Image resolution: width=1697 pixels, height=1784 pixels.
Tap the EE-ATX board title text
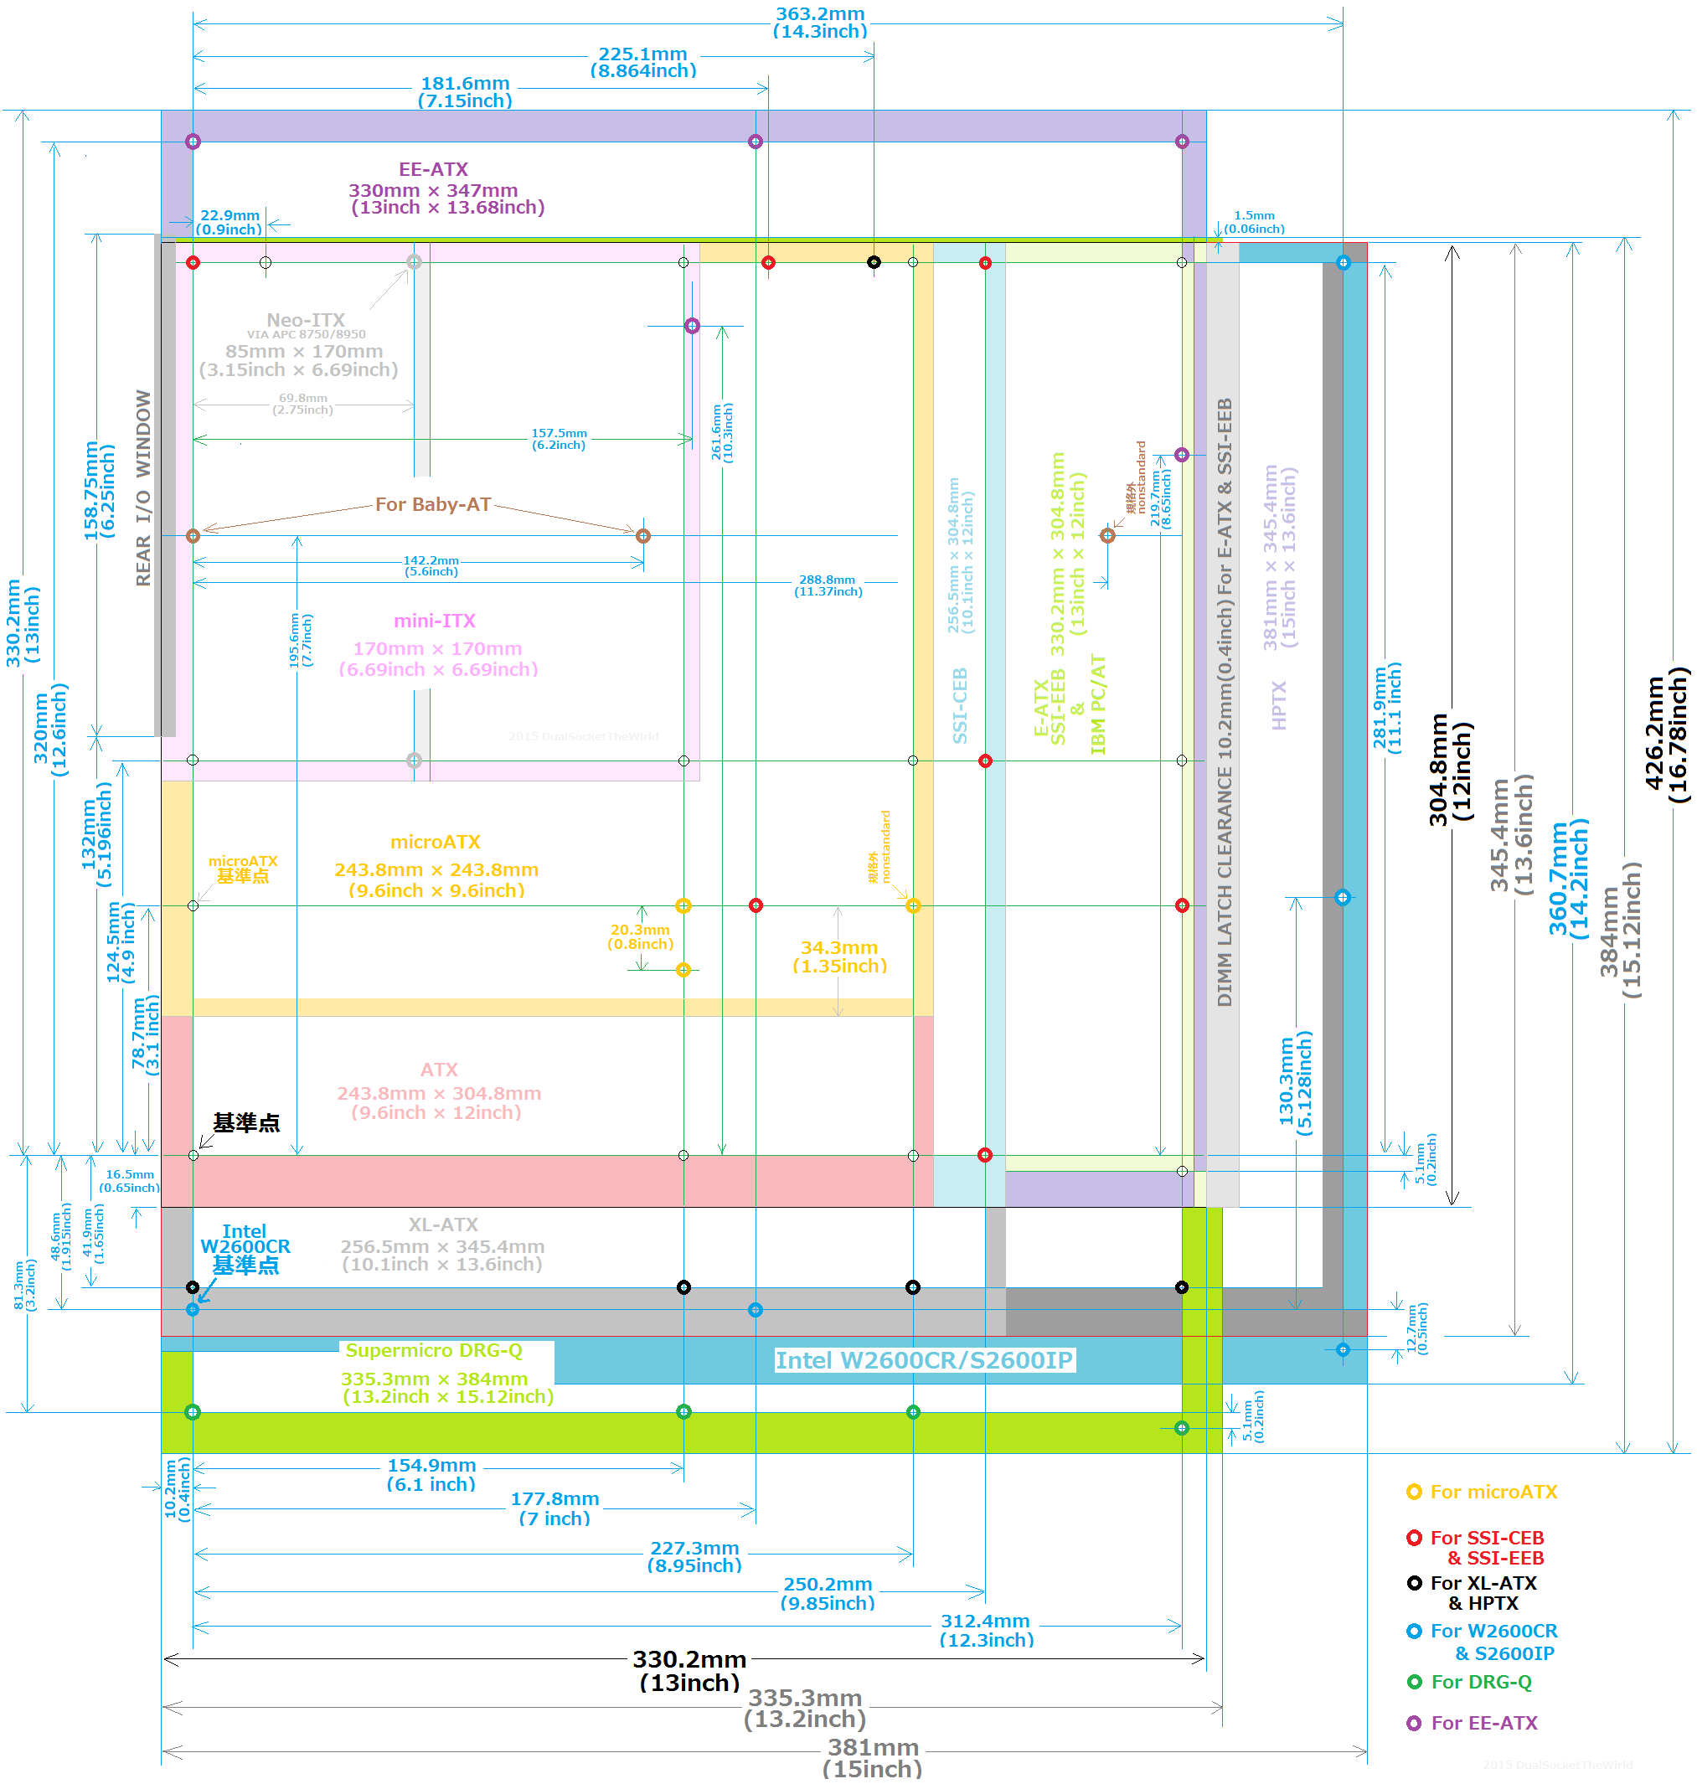click(433, 169)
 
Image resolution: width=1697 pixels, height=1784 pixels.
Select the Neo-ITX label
click(306, 320)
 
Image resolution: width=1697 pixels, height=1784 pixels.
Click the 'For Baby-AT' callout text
click(433, 505)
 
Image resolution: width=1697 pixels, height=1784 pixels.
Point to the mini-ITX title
click(434, 621)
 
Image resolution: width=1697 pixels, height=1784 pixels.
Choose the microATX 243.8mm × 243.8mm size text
click(436, 870)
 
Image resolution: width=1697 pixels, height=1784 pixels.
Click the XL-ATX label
click(443, 1225)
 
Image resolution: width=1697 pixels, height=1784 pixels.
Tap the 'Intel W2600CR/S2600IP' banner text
click(924, 1361)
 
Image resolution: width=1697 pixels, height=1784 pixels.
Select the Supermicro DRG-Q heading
click(433, 1351)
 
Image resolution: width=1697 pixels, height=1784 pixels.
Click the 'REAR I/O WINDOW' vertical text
click(143, 487)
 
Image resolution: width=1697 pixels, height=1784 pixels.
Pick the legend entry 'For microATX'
click(1493, 1492)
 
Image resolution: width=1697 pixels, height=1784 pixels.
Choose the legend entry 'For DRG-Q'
click(1481, 1682)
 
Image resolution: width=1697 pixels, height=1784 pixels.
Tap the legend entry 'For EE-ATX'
click(1483, 1723)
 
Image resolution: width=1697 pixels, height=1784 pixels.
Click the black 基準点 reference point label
click(246, 1122)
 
